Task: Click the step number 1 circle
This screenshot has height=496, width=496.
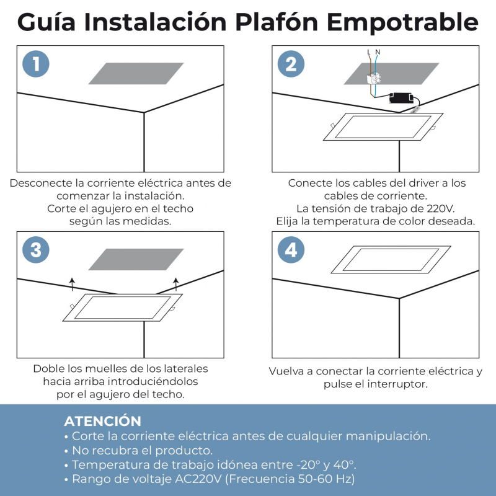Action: coord(36,64)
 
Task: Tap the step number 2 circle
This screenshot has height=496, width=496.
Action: coord(291,64)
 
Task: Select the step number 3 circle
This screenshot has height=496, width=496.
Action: coord(36,250)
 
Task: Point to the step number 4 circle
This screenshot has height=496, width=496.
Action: coord(291,250)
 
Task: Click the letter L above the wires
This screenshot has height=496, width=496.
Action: coord(369,52)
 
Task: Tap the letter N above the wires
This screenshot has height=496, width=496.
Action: coord(378,52)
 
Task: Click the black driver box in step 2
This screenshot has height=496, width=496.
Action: coord(401,98)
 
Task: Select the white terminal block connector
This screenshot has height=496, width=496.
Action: coord(373,79)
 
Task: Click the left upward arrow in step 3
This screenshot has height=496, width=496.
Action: coord(73,284)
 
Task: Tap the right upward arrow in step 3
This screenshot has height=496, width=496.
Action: coord(176,284)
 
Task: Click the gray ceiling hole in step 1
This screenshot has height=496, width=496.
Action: coord(136,73)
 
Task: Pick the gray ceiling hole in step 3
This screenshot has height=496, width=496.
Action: coord(136,259)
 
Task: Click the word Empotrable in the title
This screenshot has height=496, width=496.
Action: coord(402,23)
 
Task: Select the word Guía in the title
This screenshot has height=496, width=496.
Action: coord(46,22)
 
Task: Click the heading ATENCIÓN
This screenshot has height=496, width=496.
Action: coord(102,421)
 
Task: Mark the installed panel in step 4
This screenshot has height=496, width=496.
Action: coord(391,260)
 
